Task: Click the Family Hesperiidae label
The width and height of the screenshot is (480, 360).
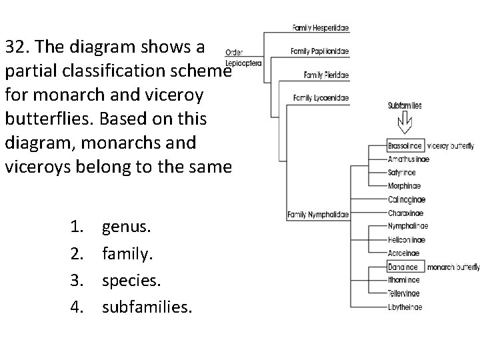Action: point(321,28)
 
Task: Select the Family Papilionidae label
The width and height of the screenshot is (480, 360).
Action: point(320,51)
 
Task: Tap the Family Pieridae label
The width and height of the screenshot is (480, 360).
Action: point(326,75)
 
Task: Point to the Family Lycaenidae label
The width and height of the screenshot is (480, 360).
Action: point(321,98)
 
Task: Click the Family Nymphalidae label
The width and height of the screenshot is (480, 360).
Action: point(317,215)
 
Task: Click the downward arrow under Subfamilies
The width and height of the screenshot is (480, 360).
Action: point(405,124)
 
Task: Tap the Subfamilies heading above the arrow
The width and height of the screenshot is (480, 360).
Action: point(405,105)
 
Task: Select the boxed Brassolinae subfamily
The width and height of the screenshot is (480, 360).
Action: point(405,145)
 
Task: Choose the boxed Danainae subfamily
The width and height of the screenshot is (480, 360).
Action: point(404,267)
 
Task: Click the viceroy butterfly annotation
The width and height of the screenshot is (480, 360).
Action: point(451,145)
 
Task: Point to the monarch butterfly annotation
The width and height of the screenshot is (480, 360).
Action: point(453,267)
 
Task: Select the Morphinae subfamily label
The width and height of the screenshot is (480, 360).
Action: point(405,186)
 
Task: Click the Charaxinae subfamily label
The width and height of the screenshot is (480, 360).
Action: point(405,213)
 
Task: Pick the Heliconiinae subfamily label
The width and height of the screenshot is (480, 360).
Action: point(407,240)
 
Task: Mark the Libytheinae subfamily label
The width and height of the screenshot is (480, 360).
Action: point(405,307)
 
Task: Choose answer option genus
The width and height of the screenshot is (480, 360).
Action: point(127,229)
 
